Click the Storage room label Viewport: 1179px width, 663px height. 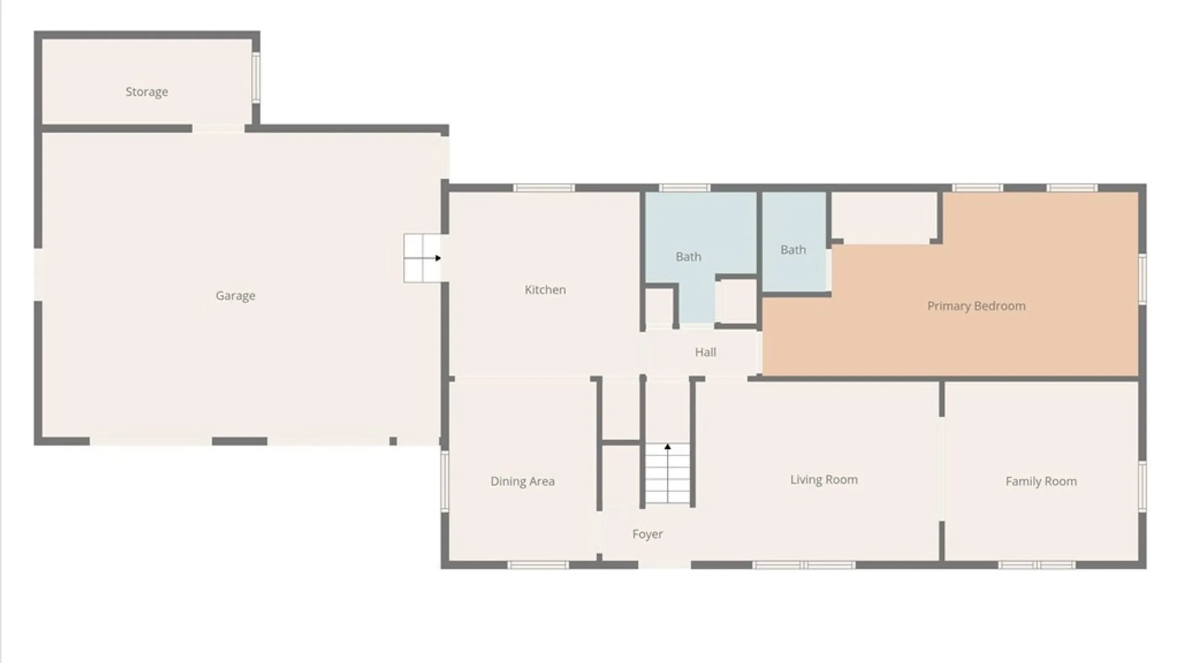(x=147, y=92)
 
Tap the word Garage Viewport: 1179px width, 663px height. (x=235, y=296)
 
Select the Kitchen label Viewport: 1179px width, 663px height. (x=545, y=290)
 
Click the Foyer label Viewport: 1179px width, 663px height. (x=648, y=534)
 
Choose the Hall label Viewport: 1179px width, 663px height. (x=706, y=352)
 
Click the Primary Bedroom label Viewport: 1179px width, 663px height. (x=976, y=306)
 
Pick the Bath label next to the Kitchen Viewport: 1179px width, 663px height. (x=688, y=257)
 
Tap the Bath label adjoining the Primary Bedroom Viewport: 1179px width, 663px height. (x=793, y=250)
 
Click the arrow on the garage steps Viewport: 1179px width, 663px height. (x=438, y=258)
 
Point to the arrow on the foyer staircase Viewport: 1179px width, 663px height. (x=667, y=447)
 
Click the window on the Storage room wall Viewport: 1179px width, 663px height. (x=256, y=77)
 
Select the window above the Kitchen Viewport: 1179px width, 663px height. (x=544, y=188)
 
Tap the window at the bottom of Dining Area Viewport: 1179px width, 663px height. (x=539, y=565)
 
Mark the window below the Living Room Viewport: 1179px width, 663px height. (x=804, y=565)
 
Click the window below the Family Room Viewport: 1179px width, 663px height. (x=1037, y=565)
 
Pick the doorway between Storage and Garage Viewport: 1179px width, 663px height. (x=219, y=128)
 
